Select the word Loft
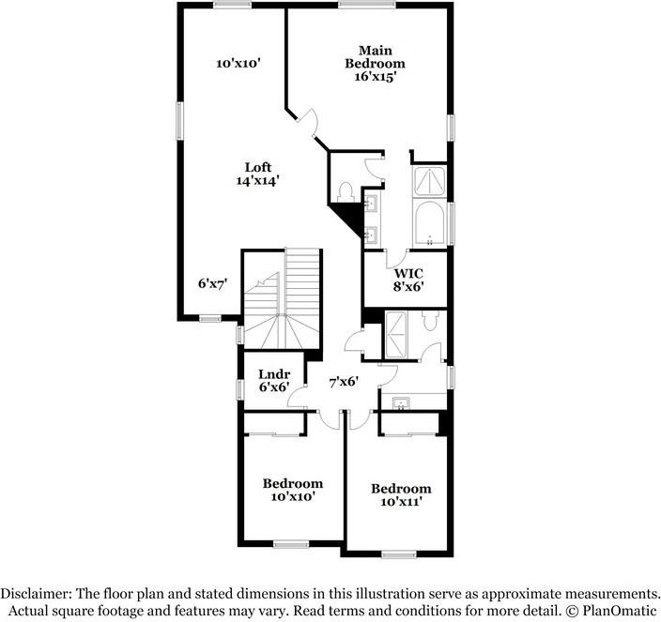pyautogui.click(x=258, y=167)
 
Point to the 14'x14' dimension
pyautogui.click(x=258, y=181)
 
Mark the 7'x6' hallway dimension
pyautogui.click(x=344, y=382)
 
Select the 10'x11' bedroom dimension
pyautogui.click(x=401, y=503)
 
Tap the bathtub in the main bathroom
pyautogui.click(x=430, y=222)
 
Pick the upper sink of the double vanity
pyautogui.click(x=370, y=203)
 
